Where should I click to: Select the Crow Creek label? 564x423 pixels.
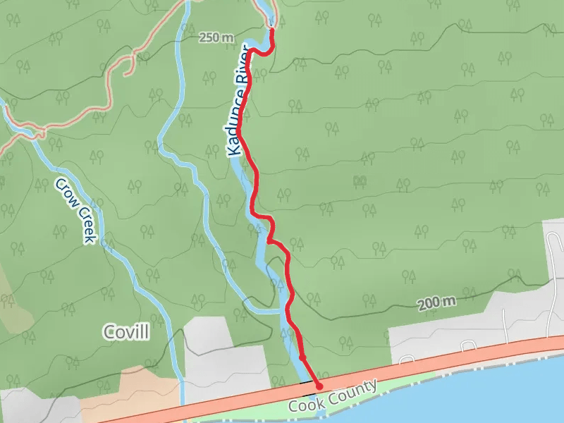click(x=75, y=210)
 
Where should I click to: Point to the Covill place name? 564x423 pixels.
click(x=126, y=332)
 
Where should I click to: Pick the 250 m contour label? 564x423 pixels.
click(x=216, y=37)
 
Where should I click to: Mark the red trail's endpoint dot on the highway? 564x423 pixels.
click(x=319, y=386)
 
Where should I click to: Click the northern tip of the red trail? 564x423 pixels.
click(x=271, y=30)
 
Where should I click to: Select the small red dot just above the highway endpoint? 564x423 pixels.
click(x=302, y=357)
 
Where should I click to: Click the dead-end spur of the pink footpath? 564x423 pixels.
click(x=125, y=73)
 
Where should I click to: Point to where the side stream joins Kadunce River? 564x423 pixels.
click(x=281, y=310)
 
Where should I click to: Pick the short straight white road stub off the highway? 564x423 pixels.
click(x=506, y=321)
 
